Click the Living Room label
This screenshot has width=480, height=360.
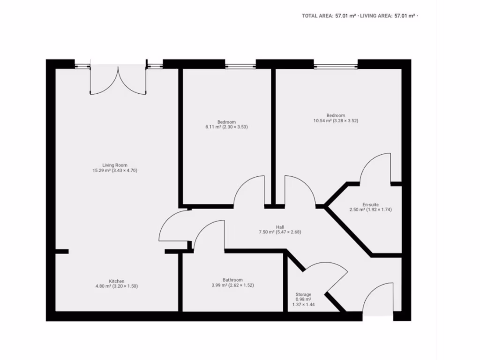[x=115, y=165]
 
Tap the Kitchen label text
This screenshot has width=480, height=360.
[x=117, y=281]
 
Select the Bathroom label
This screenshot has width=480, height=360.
[x=232, y=280]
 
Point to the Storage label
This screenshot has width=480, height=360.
[x=303, y=294]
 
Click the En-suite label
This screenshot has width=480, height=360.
[x=370, y=204]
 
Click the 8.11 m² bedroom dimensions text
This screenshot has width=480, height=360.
[x=226, y=127]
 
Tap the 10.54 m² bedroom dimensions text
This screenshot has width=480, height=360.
[x=336, y=121]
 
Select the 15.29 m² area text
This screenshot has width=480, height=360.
[x=115, y=171]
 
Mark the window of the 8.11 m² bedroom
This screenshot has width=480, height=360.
[x=240, y=64]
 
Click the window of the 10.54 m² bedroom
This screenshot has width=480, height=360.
[x=335, y=64]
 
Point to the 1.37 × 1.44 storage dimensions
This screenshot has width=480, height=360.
[x=303, y=305]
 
